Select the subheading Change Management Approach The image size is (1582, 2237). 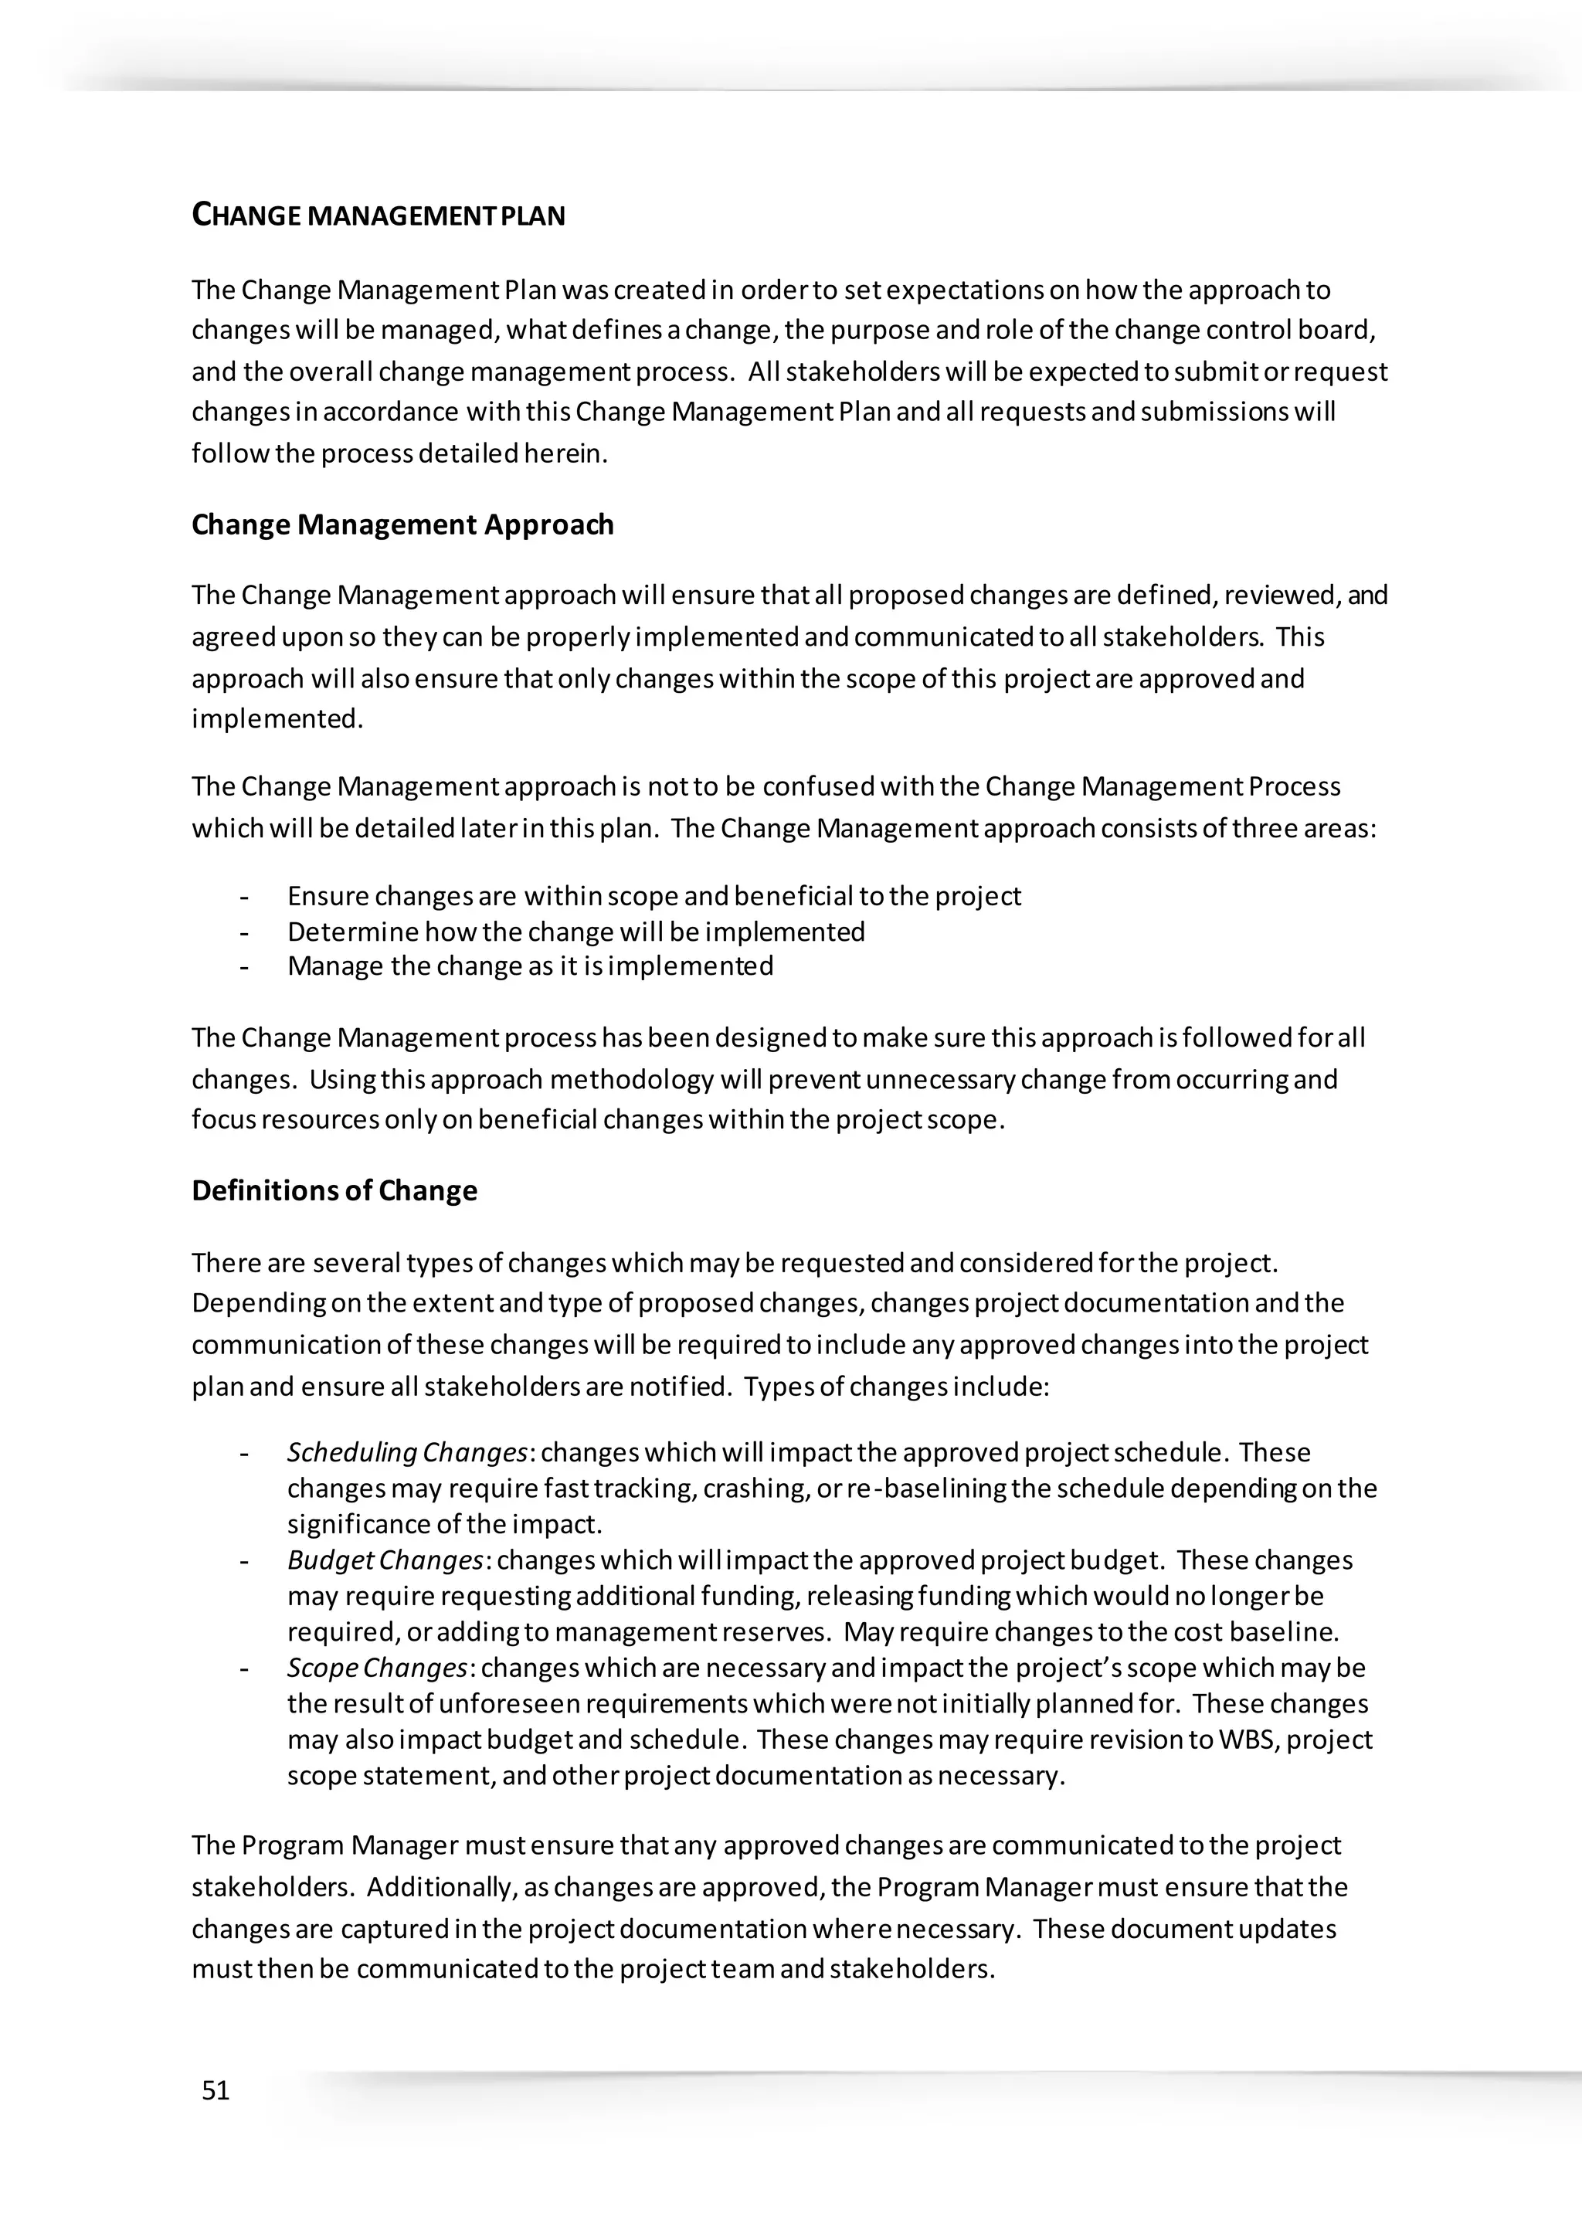[x=402, y=524]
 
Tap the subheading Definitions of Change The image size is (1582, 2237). [x=334, y=1190]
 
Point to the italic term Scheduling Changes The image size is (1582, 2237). [x=407, y=1453]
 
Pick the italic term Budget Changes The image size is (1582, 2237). [x=385, y=1560]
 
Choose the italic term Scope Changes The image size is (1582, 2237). [x=377, y=1668]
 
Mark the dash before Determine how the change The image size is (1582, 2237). [x=245, y=932]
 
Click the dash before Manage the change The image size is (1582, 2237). [x=245, y=966]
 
